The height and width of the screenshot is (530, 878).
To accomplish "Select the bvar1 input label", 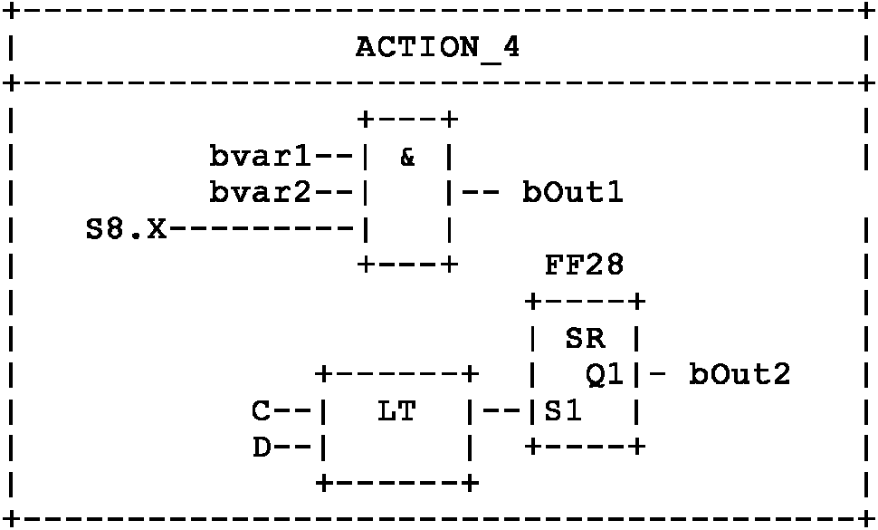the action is click(x=261, y=157).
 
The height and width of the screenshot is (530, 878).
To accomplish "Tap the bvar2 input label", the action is click(x=261, y=193).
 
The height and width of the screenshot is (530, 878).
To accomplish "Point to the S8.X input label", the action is click(x=126, y=229).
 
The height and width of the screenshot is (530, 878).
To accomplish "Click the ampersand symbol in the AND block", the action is click(x=407, y=157).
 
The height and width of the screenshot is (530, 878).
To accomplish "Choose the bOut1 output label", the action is click(x=572, y=193).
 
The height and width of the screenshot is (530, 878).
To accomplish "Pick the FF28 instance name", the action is click(x=584, y=265).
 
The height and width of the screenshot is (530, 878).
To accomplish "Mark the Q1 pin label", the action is click(x=605, y=374).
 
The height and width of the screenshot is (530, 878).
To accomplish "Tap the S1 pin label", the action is click(x=563, y=410).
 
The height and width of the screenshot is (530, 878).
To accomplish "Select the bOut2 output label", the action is click(x=740, y=374).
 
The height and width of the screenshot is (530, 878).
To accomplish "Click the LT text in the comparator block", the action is click(x=396, y=410).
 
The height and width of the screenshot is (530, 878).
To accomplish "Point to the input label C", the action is click(x=262, y=410).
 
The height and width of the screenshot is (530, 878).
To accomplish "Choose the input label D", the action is click(x=262, y=447).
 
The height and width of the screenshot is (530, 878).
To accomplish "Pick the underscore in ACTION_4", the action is click(x=490, y=56).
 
